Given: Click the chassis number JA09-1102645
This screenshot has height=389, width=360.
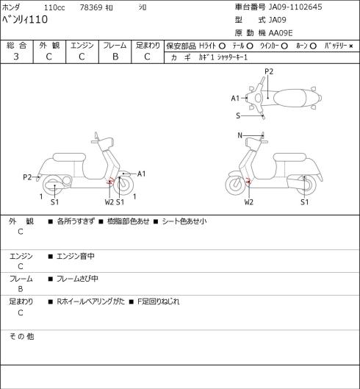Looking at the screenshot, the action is (x=295, y=7).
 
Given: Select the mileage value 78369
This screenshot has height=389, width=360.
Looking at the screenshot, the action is (x=91, y=7).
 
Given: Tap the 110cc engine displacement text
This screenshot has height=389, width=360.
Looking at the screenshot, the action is (x=54, y=7).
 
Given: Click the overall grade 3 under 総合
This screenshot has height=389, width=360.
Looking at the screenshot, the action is (x=16, y=57).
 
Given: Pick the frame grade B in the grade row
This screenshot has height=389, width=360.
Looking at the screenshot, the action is (x=115, y=57).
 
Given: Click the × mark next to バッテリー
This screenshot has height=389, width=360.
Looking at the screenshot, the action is (x=351, y=46).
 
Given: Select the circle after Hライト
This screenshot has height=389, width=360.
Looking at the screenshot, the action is (x=222, y=46).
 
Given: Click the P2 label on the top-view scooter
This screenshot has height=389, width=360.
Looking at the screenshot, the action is (x=269, y=71).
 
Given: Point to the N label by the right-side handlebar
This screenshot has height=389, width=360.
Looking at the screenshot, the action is (x=240, y=135).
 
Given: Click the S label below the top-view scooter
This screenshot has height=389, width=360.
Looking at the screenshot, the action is (x=238, y=115).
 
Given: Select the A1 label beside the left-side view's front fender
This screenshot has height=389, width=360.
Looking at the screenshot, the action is (x=141, y=174).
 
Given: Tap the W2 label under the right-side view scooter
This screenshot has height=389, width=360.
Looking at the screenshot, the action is (x=248, y=202).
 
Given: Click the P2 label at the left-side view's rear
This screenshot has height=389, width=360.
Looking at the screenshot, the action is (x=27, y=177).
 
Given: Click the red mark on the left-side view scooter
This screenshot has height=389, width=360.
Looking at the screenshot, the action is (x=109, y=181).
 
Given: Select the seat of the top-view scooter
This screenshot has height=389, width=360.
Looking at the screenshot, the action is (x=289, y=98).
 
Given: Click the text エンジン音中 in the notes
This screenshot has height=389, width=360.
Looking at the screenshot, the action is (x=76, y=256).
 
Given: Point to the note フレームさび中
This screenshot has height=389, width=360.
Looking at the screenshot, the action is (x=77, y=279).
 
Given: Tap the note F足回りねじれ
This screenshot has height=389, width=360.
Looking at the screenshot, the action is (x=158, y=301).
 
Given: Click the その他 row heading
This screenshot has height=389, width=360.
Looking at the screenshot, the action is (x=21, y=337).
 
